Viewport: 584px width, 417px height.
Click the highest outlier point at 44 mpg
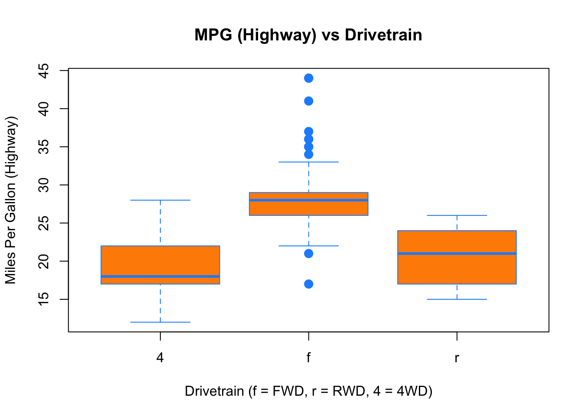pos(309,78)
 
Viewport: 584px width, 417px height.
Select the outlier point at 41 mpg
pos(309,101)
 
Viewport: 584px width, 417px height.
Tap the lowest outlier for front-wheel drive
pos(309,284)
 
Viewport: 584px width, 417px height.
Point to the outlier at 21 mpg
pos(309,254)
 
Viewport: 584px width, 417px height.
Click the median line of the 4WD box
pos(160,276)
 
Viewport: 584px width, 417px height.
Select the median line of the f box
pos(309,200)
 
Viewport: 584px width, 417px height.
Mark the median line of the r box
pos(457,253)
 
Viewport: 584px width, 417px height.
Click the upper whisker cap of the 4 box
pos(160,200)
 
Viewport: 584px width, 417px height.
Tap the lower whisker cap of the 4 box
pos(160,322)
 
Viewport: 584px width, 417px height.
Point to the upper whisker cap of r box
pos(457,215)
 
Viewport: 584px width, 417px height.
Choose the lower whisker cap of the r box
pos(457,299)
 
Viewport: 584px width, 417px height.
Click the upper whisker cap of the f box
pos(309,162)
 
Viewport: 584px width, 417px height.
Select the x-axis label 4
pos(160,358)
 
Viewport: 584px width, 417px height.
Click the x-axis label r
pos(457,358)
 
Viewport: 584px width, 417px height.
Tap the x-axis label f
pos(309,358)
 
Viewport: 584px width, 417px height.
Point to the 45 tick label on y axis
pos(44,70)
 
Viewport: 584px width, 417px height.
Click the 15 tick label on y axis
pos(44,299)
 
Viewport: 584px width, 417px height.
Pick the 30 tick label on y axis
pos(44,185)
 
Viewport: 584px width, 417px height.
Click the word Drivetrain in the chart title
pos(383,35)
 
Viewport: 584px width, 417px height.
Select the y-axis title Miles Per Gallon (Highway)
pos(11,200)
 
